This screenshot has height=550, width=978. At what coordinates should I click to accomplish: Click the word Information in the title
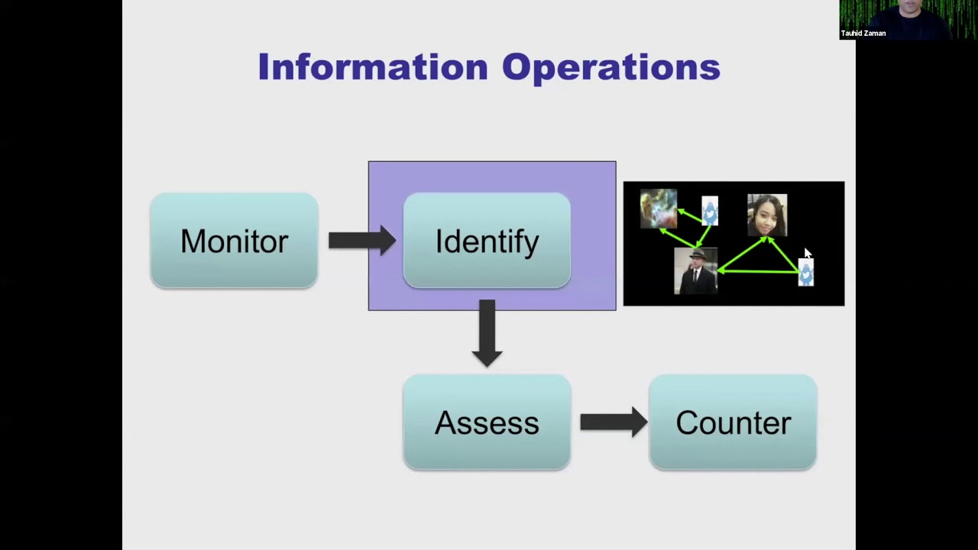point(372,67)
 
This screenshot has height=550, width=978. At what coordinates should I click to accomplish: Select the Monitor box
point(234,241)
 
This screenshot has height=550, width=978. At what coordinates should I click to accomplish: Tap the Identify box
point(487,241)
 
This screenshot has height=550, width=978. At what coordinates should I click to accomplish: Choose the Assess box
point(487,422)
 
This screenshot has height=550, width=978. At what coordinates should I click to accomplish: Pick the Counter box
point(733,422)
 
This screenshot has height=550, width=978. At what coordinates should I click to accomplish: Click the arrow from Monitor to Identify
point(361,241)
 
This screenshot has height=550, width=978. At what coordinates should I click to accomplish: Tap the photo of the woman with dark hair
point(766,215)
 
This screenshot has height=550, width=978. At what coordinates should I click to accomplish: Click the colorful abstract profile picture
point(658,208)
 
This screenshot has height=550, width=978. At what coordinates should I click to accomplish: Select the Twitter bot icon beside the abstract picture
point(710,211)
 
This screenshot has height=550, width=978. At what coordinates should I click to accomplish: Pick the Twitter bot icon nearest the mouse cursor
point(806,272)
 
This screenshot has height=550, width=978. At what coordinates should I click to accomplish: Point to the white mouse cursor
point(808,254)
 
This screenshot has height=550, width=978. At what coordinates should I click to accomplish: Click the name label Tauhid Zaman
point(863,34)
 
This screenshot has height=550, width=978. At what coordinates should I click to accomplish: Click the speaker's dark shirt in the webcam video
point(909,31)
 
